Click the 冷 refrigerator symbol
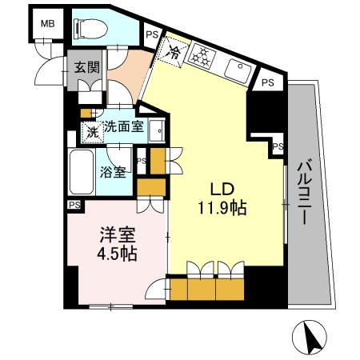coord(176,54)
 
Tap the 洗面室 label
coord(126,126)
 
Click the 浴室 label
coord(113,172)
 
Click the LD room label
coord(222,190)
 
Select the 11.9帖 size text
coord(222,208)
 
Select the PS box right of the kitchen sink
coord(269,82)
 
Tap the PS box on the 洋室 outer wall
coord(74,206)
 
